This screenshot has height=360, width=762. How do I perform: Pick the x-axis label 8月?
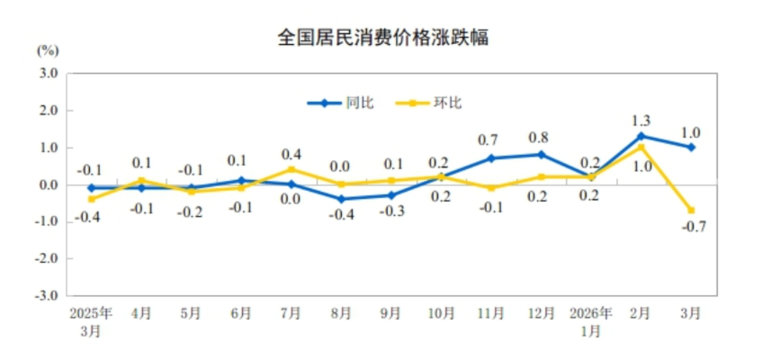click(341, 314)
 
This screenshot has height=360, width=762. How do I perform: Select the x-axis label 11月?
click(491, 314)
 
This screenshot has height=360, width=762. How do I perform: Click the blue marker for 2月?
click(641, 136)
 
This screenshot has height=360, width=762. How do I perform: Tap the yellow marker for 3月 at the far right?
click(691, 211)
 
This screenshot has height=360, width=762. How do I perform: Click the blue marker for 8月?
click(341, 199)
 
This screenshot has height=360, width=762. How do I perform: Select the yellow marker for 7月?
click(291, 169)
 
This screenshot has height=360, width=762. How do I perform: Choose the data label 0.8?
click(541, 138)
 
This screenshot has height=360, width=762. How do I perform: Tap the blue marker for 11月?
click(491, 158)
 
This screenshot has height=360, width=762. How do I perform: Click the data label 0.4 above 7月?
click(291, 152)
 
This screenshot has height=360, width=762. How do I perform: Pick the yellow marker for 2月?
click(641, 148)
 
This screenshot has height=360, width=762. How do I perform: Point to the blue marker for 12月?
click(541, 155)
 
